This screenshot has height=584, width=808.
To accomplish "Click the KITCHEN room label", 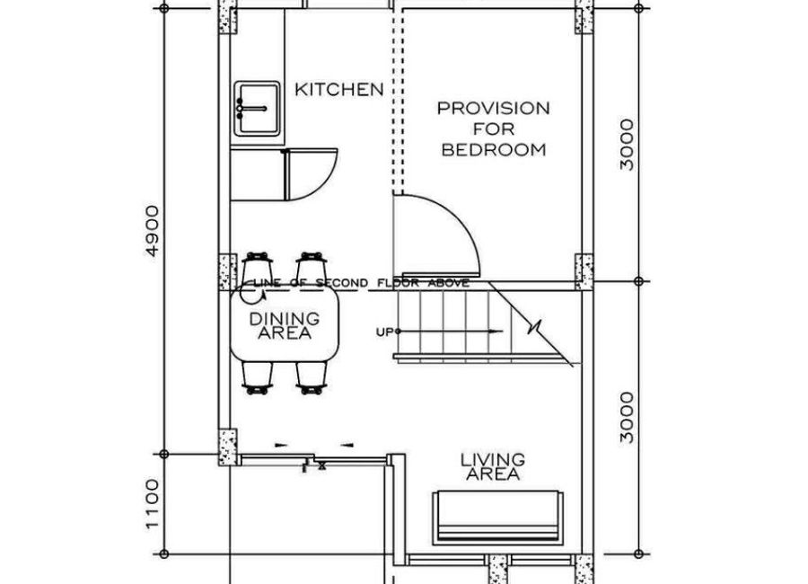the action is point(339,89).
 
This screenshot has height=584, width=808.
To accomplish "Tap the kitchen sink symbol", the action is point(257,109).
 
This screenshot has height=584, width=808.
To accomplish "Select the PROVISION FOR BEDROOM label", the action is point(493,129).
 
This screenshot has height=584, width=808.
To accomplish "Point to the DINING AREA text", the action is point(285,325).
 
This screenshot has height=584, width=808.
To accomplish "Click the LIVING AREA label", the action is point(493,467).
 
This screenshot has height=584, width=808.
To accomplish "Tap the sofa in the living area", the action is point(497,518).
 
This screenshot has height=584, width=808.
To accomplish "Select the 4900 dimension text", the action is point(153,231).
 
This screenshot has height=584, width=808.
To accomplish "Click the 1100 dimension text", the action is point(153,504).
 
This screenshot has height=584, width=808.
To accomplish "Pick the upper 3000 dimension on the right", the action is point(628,145).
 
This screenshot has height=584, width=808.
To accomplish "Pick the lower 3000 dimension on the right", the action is point(628,418).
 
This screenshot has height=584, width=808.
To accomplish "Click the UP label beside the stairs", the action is point(384,332).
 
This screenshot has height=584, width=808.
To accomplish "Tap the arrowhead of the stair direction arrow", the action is point(496,332).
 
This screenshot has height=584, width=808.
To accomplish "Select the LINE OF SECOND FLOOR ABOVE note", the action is point(361,283).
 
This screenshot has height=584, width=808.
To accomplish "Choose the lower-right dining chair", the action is point(312,378).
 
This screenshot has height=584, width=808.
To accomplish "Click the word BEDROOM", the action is point(494,150).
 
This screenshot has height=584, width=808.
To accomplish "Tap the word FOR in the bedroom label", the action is point(494,128).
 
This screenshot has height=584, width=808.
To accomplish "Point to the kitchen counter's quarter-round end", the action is point(312,174).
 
